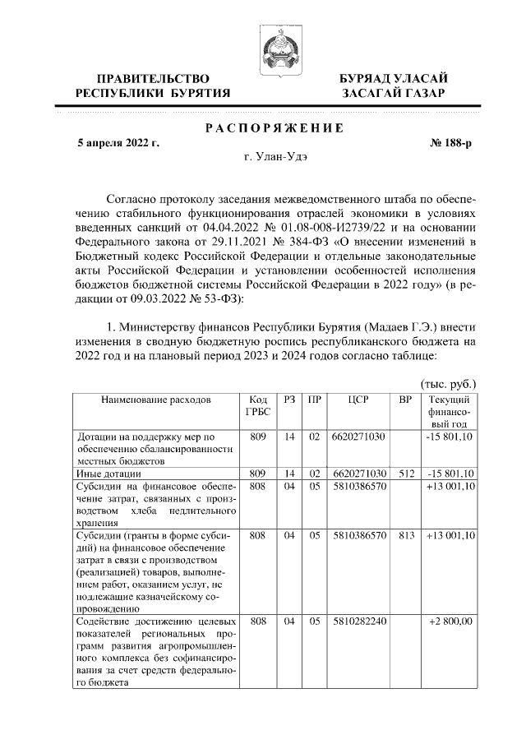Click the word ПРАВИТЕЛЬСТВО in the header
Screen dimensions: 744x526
[x=152, y=78]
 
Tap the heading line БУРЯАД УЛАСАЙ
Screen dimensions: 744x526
[x=394, y=78]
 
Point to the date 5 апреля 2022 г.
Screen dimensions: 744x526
[x=118, y=142]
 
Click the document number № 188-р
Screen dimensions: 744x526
[x=451, y=142]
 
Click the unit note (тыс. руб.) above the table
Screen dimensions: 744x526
[x=448, y=384]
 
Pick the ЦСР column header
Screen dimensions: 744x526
[x=358, y=400]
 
